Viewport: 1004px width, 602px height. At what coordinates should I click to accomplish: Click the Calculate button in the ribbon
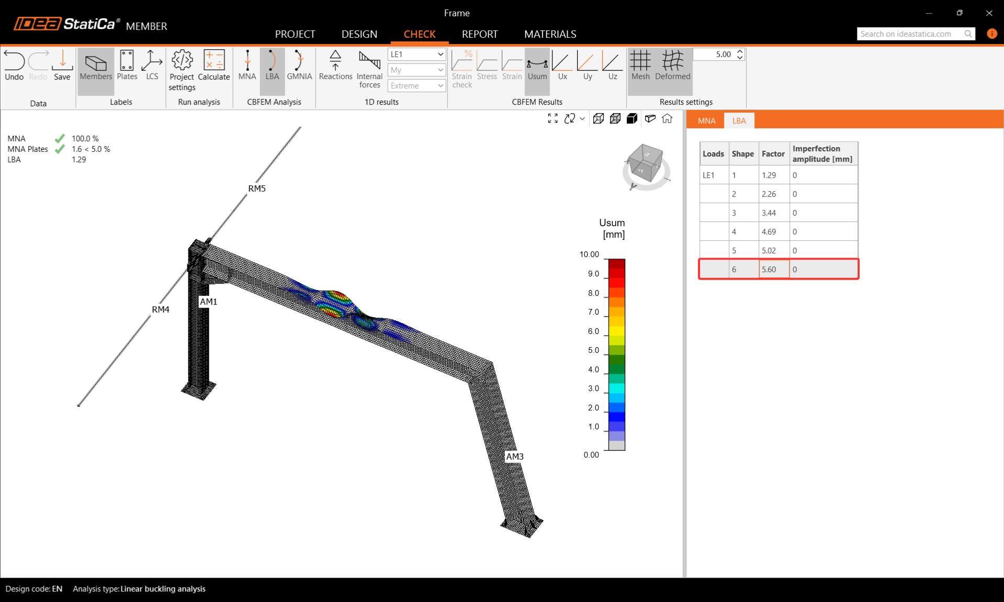pyautogui.click(x=213, y=65)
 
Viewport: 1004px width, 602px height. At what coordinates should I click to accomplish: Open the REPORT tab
pyautogui.click(x=479, y=34)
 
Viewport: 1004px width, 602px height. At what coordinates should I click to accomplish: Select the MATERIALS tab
pyautogui.click(x=550, y=34)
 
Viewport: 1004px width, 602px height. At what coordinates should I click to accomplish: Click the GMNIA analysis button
pyautogui.click(x=299, y=65)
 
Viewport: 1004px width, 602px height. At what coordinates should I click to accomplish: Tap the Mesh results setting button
pyautogui.click(x=640, y=65)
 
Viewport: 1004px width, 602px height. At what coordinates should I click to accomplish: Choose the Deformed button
pyautogui.click(x=672, y=65)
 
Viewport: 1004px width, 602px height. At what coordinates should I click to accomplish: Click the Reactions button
pyautogui.click(x=335, y=65)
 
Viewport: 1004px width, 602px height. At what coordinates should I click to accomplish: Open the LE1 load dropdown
pyautogui.click(x=416, y=54)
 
